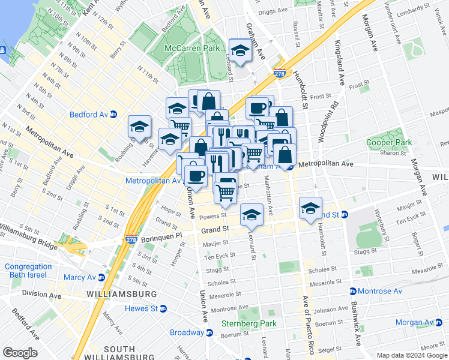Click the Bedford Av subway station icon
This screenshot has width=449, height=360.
click(x=113, y=114)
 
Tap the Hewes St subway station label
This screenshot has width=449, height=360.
click(x=141, y=308)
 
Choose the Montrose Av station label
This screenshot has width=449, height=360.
click(x=381, y=291)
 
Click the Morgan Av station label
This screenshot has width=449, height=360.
click(x=414, y=322)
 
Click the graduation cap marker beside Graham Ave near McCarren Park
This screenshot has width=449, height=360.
click(x=240, y=50)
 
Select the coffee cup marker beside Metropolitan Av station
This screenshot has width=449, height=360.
click(x=196, y=175)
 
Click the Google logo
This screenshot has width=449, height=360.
click(x=20, y=353)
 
